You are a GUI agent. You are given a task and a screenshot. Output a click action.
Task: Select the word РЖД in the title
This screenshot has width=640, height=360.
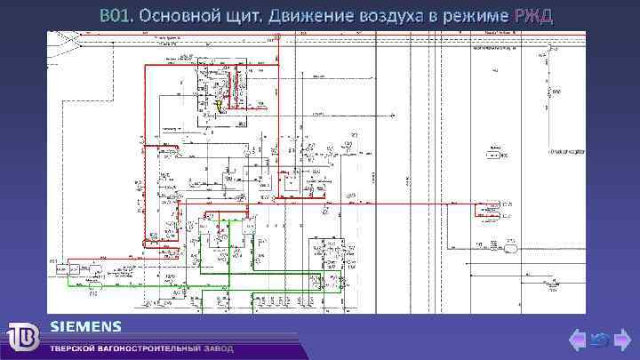pos(532,16)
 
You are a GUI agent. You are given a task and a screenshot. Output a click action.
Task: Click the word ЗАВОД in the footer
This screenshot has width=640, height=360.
pos(219,348)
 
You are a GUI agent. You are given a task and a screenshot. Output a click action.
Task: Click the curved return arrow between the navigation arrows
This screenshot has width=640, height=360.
pos(600,340)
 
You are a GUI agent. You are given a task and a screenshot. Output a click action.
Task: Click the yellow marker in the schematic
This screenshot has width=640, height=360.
pos(219,106)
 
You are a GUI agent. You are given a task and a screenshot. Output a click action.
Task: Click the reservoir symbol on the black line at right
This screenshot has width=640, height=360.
pos(512,248)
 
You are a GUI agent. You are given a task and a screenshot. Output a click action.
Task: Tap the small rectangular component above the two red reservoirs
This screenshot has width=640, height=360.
pos(490,152)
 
